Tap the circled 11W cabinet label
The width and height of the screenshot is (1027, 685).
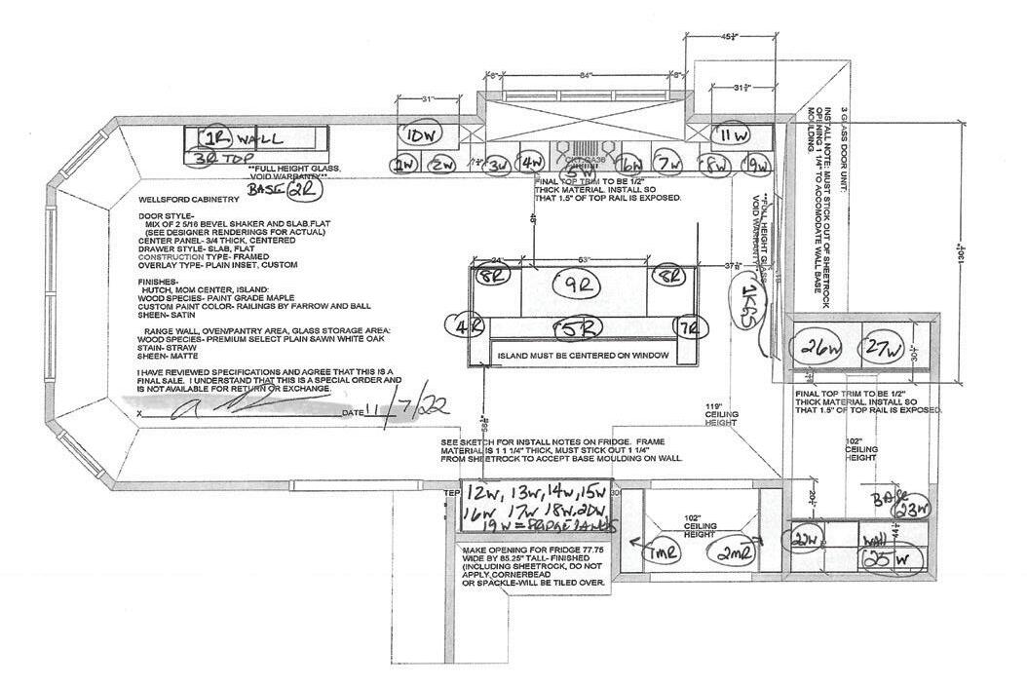(x=730, y=134)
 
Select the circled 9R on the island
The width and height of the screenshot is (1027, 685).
(x=583, y=285)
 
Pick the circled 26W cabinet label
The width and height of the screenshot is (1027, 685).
(x=820, y=347)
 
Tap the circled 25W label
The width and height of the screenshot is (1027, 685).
(x=889, y=559)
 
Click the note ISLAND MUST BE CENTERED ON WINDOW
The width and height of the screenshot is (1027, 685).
(x=583, y=356)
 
